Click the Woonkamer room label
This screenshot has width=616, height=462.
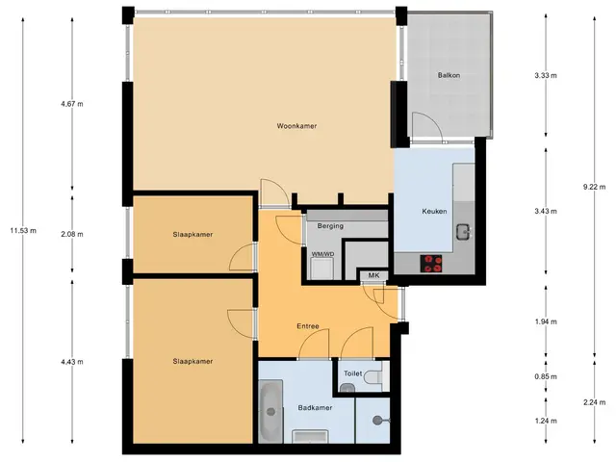(x=296, y=126)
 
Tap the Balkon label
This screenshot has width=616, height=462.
(x=449, y=75)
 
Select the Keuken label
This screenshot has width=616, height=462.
(x=434, y=211)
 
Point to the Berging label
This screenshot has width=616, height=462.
(x=330, y=226)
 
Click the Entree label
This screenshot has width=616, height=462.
(x=308, y=326)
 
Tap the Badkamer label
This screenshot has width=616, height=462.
(x=315, y=408)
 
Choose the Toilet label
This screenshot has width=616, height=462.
(x=353, y=373)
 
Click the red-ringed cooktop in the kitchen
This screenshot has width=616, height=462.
(x=431, y=264)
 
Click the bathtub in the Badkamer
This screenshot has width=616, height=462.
(x=270, y=411)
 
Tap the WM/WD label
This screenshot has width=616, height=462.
(x=323, y=254)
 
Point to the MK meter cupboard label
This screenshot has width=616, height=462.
(x=373, y=275)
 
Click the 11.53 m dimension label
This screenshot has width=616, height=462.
(x=23, y=231)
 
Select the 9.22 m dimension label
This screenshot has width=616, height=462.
(x=595, y=187)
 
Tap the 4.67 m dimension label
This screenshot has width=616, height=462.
(x=72, y=104)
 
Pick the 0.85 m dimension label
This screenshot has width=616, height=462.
(x=546, y=376)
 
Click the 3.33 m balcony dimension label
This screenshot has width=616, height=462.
(x=546, y=75)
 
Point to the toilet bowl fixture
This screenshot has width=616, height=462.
(x=372, y=377)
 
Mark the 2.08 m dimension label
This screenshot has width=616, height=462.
(x=72, y=234)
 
